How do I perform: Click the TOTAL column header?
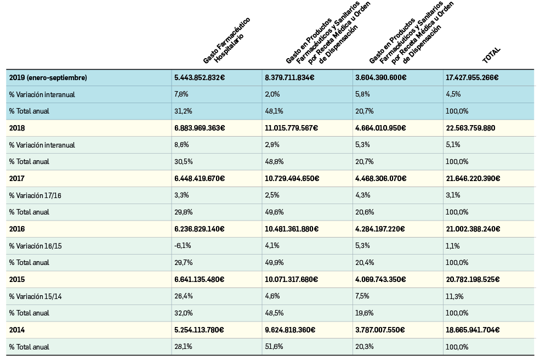pos(492,55)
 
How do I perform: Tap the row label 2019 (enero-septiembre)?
pos(48,78)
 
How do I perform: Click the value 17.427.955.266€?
pos(472,78)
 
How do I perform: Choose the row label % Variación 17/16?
pos(35,195)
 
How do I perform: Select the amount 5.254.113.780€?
pos(199,330)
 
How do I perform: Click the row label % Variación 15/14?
pos(35,296)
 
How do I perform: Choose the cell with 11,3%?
pos(454,296)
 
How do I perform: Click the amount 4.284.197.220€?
pos(380,229)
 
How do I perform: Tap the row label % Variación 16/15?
pos(35,246)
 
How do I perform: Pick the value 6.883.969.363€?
pos(200,128)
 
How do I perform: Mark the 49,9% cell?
pos(274,262)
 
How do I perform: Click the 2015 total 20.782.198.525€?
pos(473,279)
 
